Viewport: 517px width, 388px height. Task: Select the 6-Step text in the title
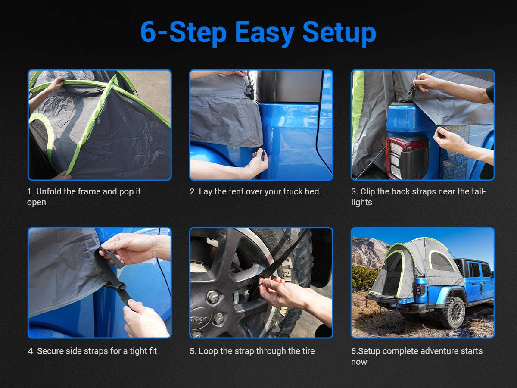click(183, 32)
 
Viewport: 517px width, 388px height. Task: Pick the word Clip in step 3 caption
click(368, 191)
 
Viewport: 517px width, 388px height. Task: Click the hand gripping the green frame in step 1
click(56, 84)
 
